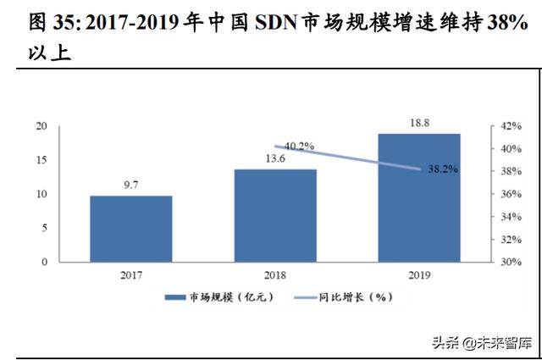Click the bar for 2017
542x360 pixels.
(131, 229)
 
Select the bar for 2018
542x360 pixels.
(274, 215)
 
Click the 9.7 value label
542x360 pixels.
(131, 185)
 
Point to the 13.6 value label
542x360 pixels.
(274, 158)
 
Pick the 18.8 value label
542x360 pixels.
(418, 122)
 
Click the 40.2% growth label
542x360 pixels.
(298, 146)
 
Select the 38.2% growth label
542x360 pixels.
(442, 169)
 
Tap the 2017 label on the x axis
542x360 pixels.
(131, 274)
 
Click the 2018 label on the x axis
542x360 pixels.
(274, 274)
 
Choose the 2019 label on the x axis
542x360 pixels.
(418, 274)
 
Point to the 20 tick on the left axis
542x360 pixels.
(41, 125)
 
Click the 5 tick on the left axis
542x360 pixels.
(43, 229)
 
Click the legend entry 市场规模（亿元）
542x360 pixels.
(212, 297)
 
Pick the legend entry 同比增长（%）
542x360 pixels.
(343, 297)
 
